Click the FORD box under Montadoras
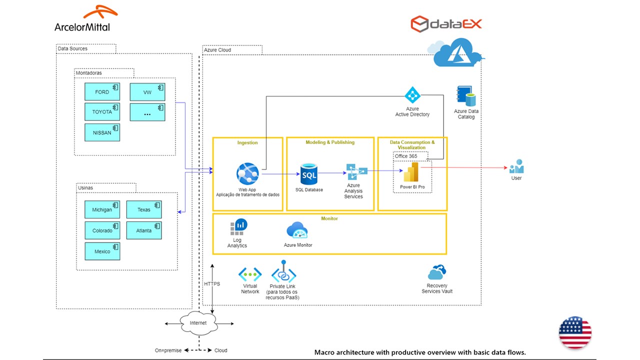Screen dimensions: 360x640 pyautogui.click(x=102, y=92)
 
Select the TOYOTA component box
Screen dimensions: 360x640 pyautogui.click(x=102, y=112)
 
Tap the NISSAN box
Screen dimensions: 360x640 pyautogui.click(x=102, y=132)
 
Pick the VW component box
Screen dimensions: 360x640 pyautogui.click(x=147, y=92)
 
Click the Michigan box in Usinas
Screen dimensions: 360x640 pyautogui.click(x=102, y=209)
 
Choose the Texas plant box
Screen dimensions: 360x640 pyautogui.click(x=144, y=209)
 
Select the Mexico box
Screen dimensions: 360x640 pyautogui.click(x=102, y=251)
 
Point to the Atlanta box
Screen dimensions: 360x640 pyautogui.click(x=144, y=230)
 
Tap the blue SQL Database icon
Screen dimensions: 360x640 pyautogui.click(x=308, y=175)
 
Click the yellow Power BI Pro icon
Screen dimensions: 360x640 pyautogui.click(x=410, y=173)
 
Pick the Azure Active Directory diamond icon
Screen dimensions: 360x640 pyautogui.click(x=412, y=95)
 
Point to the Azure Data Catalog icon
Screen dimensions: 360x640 pyautogui.click(x=466, y=96)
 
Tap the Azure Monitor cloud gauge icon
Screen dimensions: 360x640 pyautogui.click(x=297, y=231)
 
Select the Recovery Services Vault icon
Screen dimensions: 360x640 pyautogui.click(x=436, y=272)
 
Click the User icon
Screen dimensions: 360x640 pyautogui.click(x=516, y=166)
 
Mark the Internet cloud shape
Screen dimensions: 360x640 pyautogui.click(x=198, y=322)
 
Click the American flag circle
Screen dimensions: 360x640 pyautogui.click(x=575, y=332)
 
